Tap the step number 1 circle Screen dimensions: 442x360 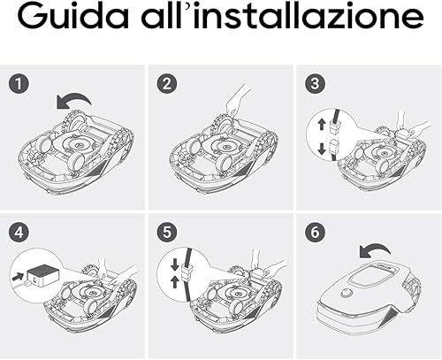pos(19,84)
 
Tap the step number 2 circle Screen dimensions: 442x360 pos(167,84)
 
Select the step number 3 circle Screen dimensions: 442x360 pos(315,84)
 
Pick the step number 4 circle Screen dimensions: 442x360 pos(19,232)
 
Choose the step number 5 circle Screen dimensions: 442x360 pos(167,232)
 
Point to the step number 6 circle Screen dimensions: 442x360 pos(315,232)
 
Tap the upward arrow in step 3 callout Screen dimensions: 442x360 pos(322,125)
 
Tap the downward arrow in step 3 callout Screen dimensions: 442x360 pos(322,149)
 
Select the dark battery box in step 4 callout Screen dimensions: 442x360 pos(42,275)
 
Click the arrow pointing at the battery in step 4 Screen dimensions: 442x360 pos(18,277)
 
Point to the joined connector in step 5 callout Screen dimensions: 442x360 pos(187,272)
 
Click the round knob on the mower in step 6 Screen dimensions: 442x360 pos(347,294)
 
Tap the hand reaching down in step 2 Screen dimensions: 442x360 pos(239,101)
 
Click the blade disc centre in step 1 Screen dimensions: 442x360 pos(79,145)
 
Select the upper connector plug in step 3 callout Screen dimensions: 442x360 pos(336,126)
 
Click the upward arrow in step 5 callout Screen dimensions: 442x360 pos(175,282)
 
